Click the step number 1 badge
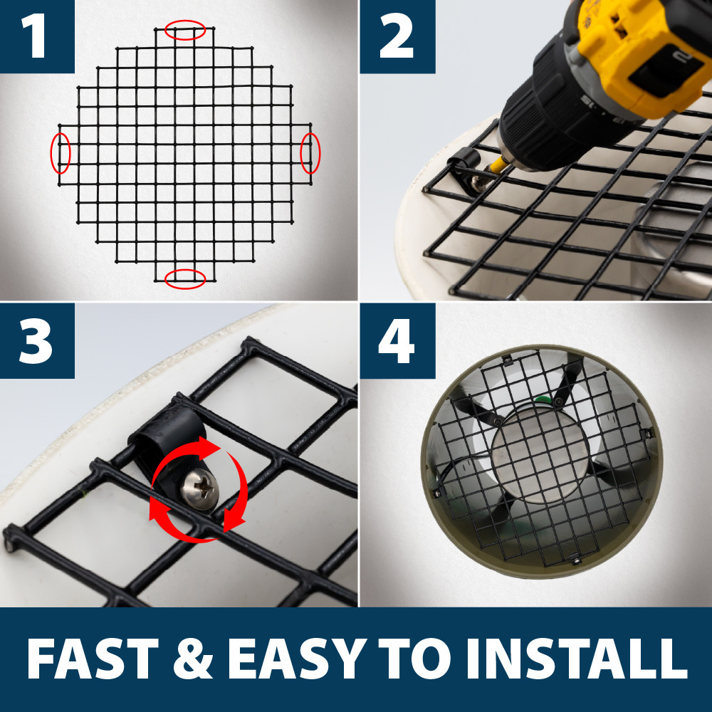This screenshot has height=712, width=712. point(36,36)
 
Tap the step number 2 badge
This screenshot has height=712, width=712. point(396,36)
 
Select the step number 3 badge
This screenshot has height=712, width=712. point(36,340)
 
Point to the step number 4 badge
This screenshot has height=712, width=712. point(396,340)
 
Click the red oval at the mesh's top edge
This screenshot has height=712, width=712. point(185,30)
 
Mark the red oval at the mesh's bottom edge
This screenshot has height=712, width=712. point(185,278)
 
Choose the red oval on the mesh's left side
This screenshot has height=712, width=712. point(61,152)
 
